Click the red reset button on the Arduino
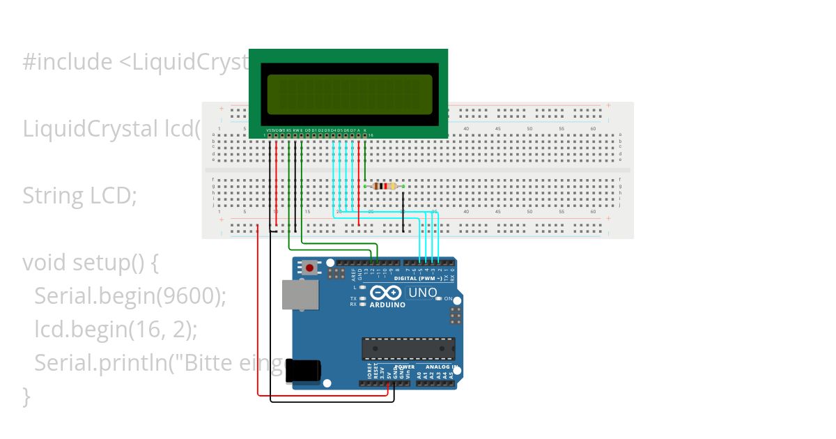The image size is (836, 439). [310, 268]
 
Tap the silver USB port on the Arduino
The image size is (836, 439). [300, 294]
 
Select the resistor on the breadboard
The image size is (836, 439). [384, 186]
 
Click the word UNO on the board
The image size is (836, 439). [422, 292]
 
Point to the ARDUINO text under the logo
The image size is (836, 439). [387, 305]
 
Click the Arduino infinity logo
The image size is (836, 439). [386, 293]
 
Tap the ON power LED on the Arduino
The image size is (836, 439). [438, 298]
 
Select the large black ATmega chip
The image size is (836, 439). [408, 349]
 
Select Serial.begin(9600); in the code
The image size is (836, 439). [130, 296]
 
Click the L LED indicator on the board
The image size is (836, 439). [363, 287]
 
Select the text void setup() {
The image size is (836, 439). [91, 263]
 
